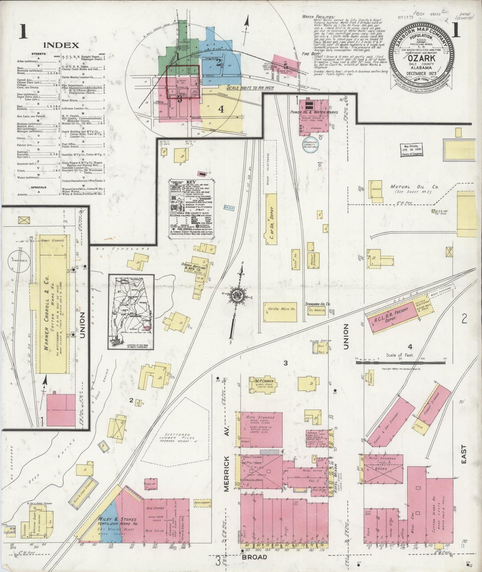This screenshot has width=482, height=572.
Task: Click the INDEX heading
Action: coord(61,45)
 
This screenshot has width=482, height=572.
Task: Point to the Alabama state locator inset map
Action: coord(131,312)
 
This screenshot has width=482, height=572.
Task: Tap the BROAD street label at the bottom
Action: coord(255,557)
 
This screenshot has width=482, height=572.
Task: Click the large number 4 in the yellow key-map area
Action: coord(221,109)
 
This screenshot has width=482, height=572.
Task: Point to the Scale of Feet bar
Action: coord(401,361)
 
